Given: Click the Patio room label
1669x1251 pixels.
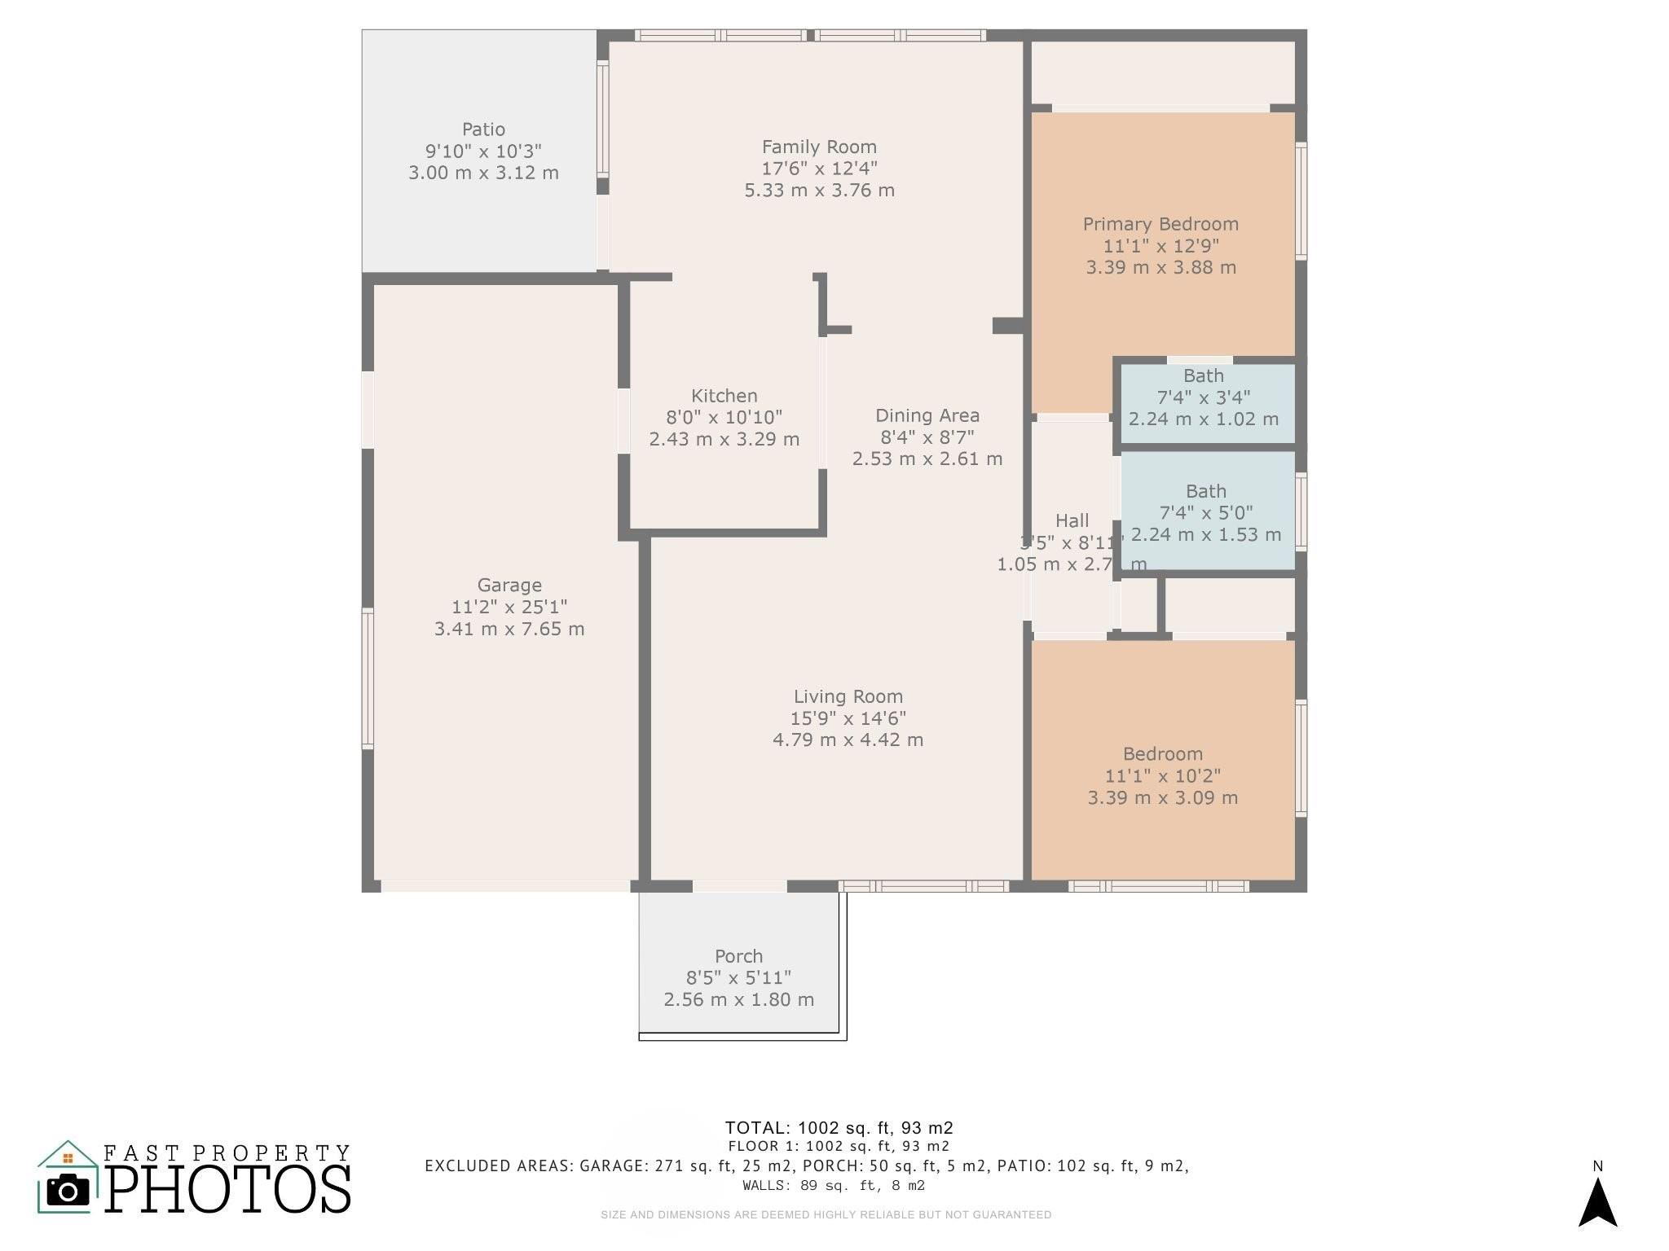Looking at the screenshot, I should coord(483,129).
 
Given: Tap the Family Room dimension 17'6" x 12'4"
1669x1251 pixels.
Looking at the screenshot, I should coord(819,169).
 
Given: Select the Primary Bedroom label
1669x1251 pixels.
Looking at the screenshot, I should coord(1160,224).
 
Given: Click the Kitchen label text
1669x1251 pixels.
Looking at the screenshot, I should coord(724,396).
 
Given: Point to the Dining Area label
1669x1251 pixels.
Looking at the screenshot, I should coord(927,415).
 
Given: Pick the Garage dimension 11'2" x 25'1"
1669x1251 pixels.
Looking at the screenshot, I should coord(509,607).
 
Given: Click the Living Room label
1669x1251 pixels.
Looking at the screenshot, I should coord(848,696).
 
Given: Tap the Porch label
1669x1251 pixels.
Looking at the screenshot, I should coord(738,956).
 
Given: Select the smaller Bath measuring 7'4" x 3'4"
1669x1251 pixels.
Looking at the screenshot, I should coord(1204,397).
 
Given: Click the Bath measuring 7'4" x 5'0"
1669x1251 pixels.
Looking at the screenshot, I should coord(1206,512).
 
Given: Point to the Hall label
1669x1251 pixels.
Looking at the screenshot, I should coord(1072,520).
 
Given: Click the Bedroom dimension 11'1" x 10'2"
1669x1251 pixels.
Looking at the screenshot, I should coord(1163,776).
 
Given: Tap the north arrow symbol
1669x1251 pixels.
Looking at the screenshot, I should coord(1597,1204).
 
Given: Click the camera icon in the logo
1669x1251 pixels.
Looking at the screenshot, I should coord(68,1191).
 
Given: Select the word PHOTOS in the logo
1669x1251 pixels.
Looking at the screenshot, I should coord(227,1189).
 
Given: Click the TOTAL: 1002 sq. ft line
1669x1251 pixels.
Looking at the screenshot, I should coord(839,1128).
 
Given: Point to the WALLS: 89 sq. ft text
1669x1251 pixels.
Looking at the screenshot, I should coord(834,1186).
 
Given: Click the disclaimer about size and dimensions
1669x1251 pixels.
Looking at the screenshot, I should coord(826,1214).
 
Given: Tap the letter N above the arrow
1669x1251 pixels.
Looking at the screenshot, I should coord(1597,1166).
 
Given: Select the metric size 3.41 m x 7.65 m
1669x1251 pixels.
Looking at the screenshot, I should coord(509,629).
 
